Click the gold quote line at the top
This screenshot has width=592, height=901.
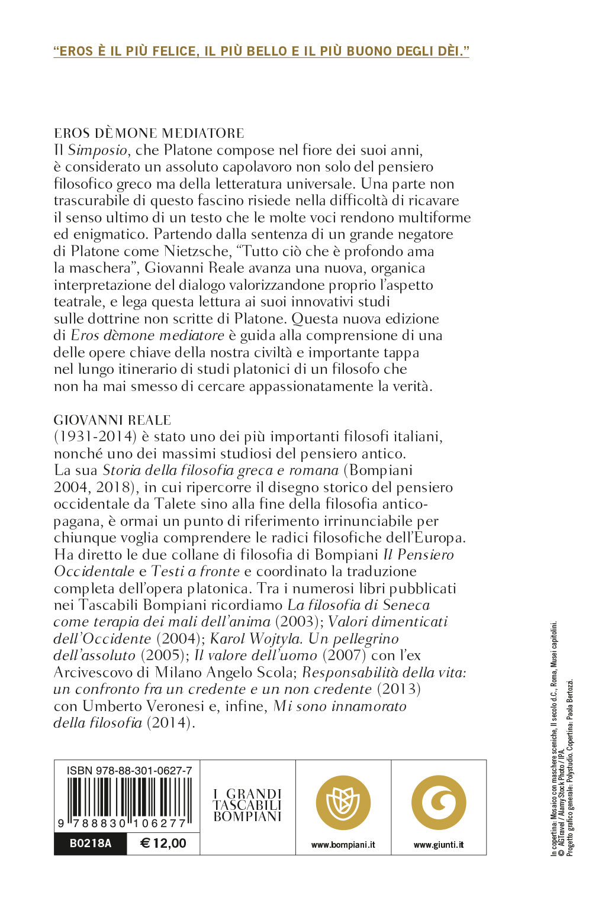tap(261, 51)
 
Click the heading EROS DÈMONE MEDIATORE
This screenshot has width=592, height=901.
tap(149, 133)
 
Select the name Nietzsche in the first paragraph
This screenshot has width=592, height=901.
tap(200, 251)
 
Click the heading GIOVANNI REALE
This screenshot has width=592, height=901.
tap(112, 420)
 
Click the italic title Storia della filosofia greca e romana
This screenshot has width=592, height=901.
tap(220, 471)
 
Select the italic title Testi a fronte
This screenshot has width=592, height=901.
tap(195, 571)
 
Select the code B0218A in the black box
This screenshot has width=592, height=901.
tap(90, 843)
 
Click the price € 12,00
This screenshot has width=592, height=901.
tap(163, 843)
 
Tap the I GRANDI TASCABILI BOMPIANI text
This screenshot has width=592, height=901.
tap(247, 806)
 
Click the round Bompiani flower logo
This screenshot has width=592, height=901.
tap(343, 803)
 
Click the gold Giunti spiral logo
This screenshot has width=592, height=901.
tap(439, 803)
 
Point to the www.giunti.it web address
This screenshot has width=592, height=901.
tap(439, 845)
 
